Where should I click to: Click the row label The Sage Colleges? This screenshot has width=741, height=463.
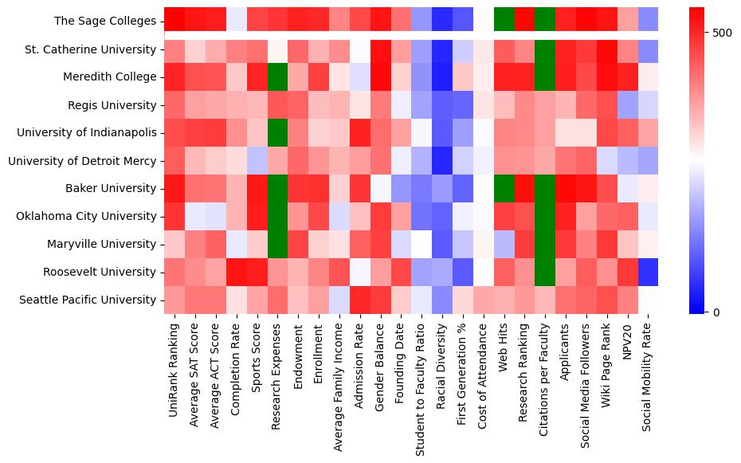105,22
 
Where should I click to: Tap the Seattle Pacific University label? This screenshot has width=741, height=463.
93,300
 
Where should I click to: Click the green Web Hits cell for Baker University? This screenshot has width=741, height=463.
504,188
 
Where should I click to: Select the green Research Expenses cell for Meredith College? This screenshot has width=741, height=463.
277,77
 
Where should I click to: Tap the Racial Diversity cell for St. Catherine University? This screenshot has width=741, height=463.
442,49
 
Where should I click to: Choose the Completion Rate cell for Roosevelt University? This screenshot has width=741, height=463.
237,272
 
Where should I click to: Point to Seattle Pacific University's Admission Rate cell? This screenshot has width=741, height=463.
360,300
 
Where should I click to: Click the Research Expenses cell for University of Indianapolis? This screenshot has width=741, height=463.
277,132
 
